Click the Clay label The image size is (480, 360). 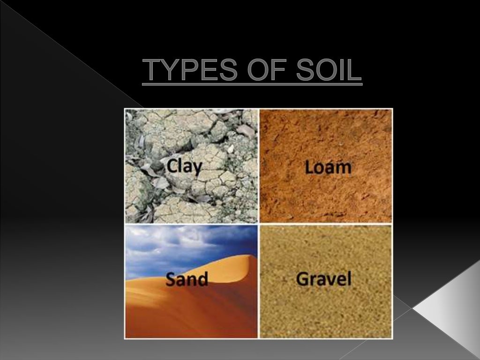[x=184, y=166]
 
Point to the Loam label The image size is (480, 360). [x=328, y=167]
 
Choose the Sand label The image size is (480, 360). [x=187, y=279]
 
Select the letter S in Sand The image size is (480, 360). [x=172, y=279]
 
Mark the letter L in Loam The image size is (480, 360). [x=309, y=167]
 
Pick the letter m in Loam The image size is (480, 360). [x=344, y=168]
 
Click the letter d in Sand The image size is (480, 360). [x=202, y=279]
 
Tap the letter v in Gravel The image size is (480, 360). [x=331, y=280]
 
